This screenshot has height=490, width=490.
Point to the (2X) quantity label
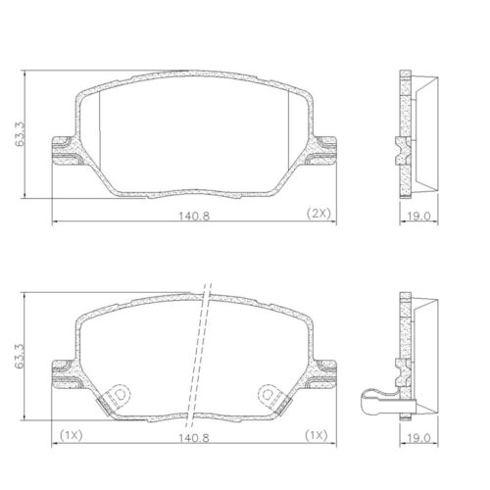coord(319,213)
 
